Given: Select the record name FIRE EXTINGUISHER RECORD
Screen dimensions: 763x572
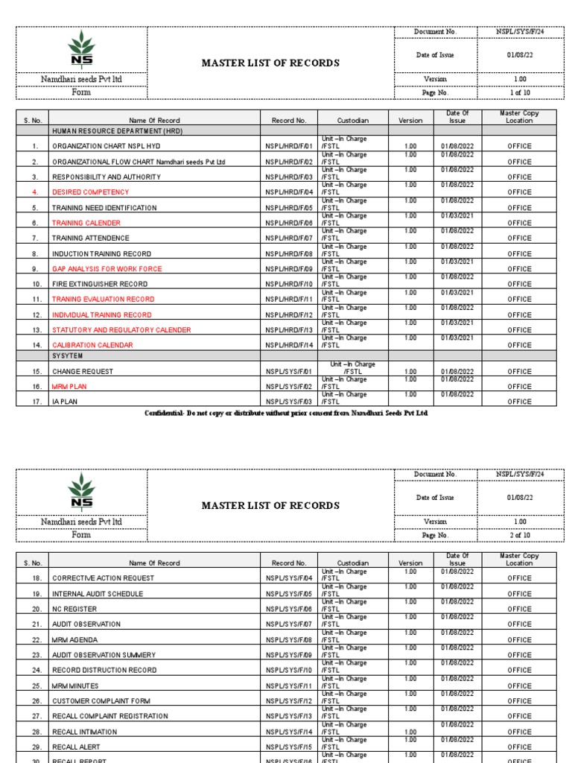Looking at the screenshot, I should [94, 284].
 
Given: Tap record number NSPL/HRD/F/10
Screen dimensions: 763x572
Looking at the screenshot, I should [289, 284].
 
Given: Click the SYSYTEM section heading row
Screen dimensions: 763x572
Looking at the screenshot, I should [68, 356].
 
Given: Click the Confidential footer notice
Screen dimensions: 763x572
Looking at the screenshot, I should [287, 413].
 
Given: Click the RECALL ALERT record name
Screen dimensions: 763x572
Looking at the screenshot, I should [76, 747].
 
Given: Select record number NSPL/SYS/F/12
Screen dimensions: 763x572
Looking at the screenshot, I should [289, 701].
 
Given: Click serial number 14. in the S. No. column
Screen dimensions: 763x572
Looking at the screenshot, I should [35, 345].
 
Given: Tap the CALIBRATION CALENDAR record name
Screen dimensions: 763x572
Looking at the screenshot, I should [92, 345].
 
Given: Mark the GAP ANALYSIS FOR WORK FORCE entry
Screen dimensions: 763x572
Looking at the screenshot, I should [107, 269].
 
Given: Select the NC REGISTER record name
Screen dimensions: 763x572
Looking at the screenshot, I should [74, 610].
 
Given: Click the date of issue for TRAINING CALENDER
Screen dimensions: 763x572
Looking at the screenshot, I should [457, 216].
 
